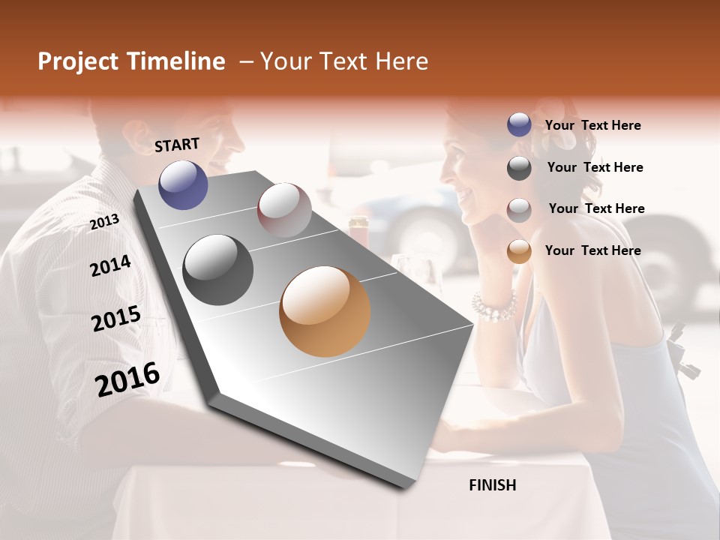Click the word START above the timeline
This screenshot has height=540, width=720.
(x=177, y=145)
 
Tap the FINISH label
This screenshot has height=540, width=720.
(x=492, y=485)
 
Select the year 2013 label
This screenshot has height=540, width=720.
(x=104, y=221)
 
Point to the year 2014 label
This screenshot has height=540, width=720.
(x=110, y=265)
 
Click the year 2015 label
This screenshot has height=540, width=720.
(x=115, y=319)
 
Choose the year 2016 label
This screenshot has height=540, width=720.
(x=127, y=379)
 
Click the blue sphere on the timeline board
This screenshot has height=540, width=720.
(x=183, y=184)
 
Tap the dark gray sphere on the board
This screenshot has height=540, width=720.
(x=217, y=270)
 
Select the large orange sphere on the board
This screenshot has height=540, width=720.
(x=325, y=311)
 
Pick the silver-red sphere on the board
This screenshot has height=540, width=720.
(x=284, y=210)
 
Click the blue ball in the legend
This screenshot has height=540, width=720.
(x=519, y=125)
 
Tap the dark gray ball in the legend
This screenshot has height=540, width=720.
(x=519, y=168)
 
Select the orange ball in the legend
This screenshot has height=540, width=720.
(x=519, y=251)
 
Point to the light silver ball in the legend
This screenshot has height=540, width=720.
(x=519, y=210)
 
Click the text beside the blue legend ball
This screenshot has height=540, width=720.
(x=592, y=125)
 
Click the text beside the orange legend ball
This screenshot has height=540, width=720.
(x=592, y=250)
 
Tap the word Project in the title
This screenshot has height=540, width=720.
(x=78, y=61)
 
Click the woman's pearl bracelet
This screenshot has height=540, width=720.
(x=494, y=305)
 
